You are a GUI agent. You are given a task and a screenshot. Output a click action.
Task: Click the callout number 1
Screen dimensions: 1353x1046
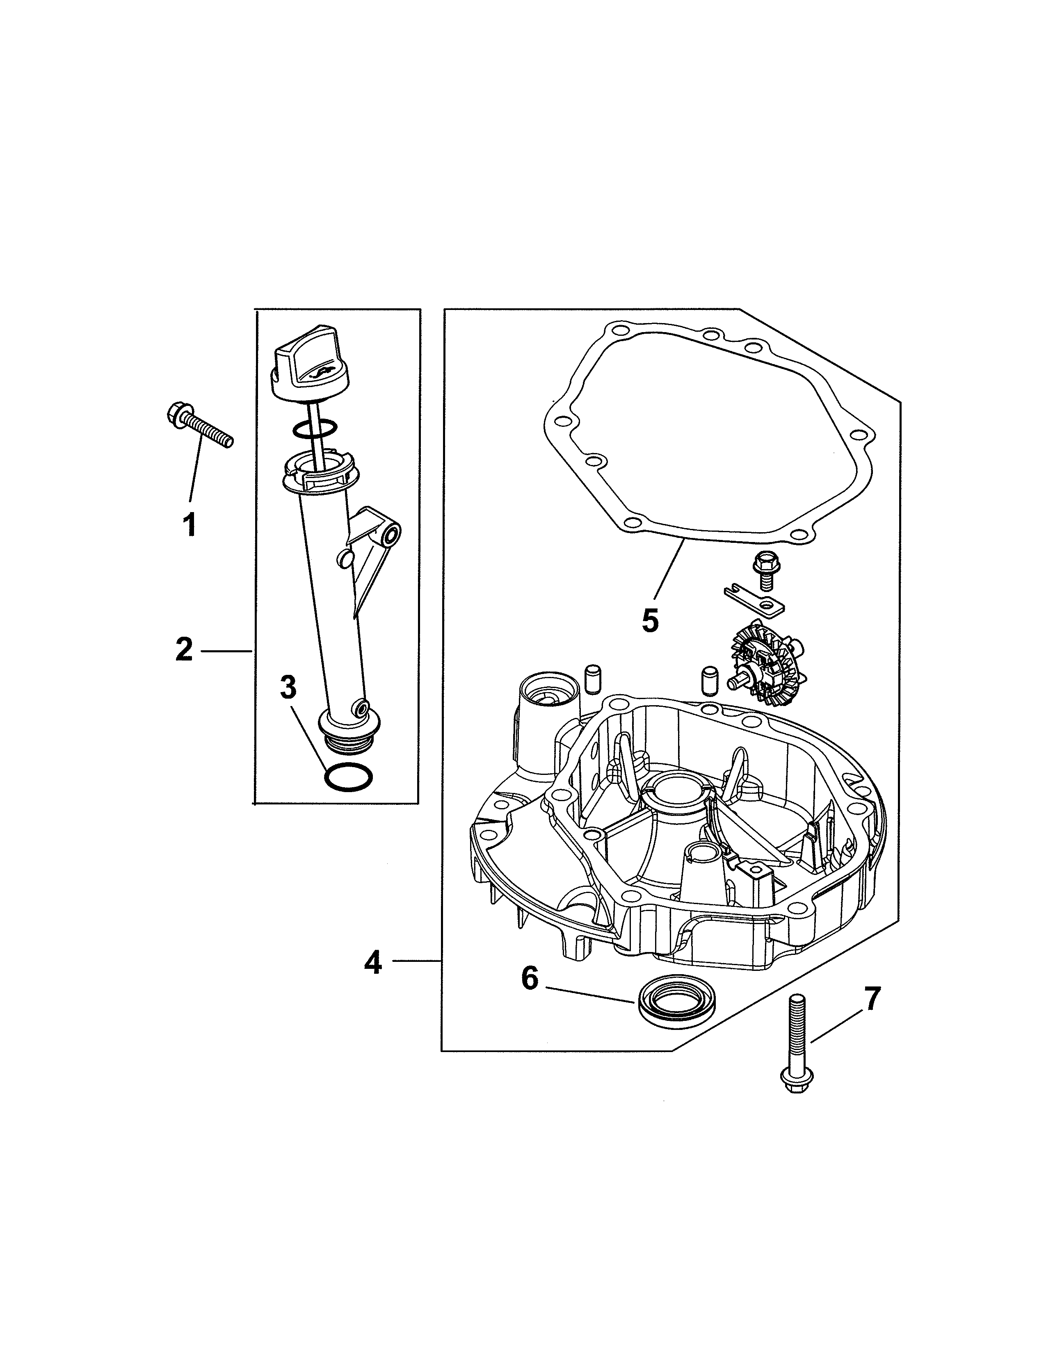click(190, 525)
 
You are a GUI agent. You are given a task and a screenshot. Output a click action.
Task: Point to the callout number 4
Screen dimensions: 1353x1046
click(372, 963)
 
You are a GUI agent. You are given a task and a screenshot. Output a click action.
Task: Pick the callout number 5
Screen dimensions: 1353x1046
click(649, 620)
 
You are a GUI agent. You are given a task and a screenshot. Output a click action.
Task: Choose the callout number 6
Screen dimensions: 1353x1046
click(530, 979)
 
